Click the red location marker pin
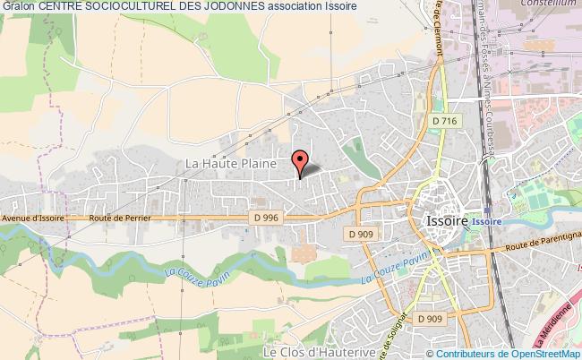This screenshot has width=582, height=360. click(300, 159)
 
